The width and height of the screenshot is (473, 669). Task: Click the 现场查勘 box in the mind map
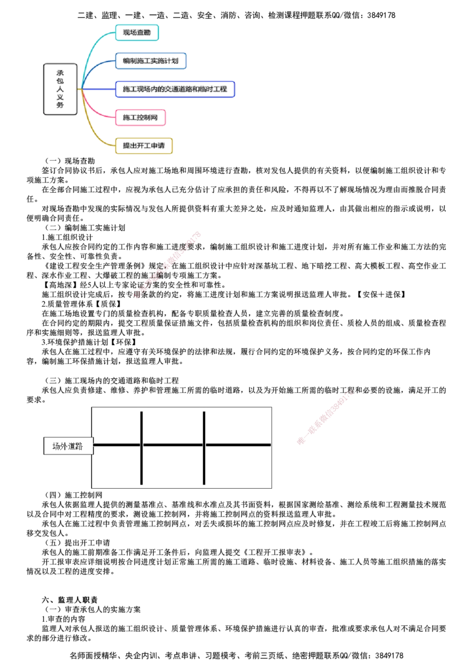tap(137, 33)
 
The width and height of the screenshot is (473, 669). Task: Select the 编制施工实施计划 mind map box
tap(151, 61)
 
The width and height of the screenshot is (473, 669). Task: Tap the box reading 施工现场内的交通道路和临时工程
tap(175, 89)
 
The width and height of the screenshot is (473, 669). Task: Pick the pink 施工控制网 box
tap(140, 118)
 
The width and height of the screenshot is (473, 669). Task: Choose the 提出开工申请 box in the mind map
tap(144, 145)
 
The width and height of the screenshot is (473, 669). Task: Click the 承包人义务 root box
tap(60, 89)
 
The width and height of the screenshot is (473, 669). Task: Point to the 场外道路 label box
tap(68, 446)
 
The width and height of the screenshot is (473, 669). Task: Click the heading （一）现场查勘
tap(70, 161)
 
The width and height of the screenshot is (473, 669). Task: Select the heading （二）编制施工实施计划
tap(85, 228)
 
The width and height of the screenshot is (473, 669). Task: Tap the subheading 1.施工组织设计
tap(67, 237)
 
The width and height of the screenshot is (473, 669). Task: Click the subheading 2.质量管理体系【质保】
tap(81, 304)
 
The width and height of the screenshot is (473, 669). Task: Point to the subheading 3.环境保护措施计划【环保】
tap(89, 342)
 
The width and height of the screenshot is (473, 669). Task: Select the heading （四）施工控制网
tap(73, 495)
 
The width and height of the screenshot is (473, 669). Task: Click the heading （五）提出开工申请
tap(77, 543)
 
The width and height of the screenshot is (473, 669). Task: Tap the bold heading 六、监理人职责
tap(70, 600)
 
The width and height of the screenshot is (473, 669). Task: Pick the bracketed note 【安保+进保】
tap(381, 294)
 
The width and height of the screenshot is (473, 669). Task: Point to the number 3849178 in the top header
tap(381, 15)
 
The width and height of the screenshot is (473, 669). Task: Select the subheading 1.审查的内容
tap(63, 619)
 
